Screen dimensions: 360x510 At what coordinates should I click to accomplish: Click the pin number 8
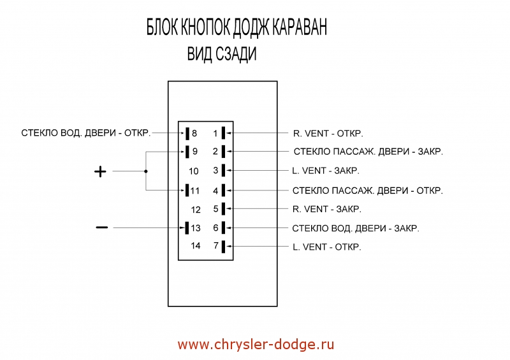point(194,133)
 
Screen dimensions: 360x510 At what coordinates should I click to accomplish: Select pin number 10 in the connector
point(194,171)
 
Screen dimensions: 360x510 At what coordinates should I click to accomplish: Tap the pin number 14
point(196,247)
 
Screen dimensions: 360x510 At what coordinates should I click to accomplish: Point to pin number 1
point(215,133)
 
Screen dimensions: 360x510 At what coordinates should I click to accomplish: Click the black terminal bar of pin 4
point(224,190)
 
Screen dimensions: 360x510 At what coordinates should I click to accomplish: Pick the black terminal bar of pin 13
point(187,227)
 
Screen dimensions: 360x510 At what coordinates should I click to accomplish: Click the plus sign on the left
point(100,171)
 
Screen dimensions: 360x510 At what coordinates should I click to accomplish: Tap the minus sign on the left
point(101,227)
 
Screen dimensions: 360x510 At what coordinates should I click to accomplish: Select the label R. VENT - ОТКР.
point(328,133)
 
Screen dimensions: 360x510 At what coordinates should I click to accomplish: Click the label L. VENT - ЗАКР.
point(325,171)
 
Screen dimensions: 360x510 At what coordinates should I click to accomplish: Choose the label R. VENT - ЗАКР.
point(327,209)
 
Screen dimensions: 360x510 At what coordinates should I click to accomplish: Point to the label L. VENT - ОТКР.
point(326,247)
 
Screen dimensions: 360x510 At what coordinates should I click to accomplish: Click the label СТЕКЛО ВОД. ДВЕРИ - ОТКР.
point(86,133)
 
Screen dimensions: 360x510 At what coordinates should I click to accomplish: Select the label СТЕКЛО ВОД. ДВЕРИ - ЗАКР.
point(356,227)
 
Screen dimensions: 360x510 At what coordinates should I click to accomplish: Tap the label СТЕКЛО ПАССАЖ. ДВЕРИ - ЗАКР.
point(368,152)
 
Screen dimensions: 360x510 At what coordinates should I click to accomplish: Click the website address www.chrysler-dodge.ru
point(256,345)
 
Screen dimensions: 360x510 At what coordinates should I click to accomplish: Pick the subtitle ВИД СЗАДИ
point(222,55)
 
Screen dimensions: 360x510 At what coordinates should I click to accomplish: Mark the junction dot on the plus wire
point(146,171)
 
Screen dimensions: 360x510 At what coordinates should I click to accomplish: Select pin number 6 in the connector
point(215,227)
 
